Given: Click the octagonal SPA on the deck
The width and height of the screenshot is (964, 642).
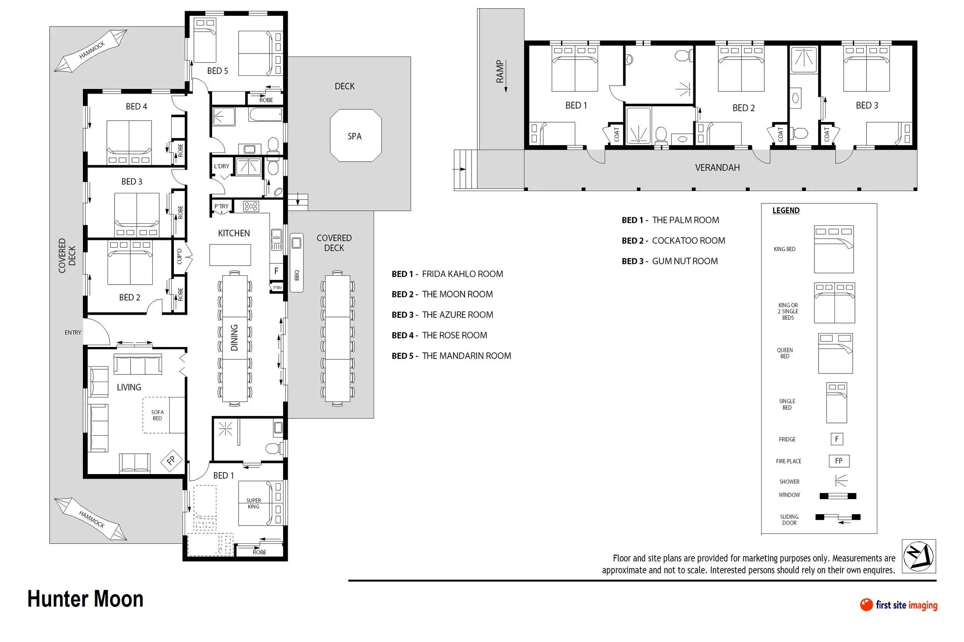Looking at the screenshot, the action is [x=356, y=135].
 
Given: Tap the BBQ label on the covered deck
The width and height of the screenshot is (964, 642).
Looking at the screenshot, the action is [x=297, y=275].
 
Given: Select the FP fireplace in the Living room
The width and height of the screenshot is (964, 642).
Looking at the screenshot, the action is [x=171, y=460].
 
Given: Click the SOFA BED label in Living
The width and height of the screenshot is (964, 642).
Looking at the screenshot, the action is [x=157, y=415].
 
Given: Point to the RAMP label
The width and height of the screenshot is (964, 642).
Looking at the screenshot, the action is [x=500, y=71].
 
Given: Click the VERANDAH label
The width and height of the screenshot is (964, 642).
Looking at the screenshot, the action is [x=717, y=168].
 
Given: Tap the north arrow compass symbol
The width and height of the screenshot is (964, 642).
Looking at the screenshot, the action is [x=918, y=556].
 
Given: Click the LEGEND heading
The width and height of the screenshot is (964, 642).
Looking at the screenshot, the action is [x=786, y=210].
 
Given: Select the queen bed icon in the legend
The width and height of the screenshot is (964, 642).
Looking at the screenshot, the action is [x=835, y=353].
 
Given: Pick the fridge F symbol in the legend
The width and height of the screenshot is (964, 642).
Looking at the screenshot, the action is [x=836, y=439].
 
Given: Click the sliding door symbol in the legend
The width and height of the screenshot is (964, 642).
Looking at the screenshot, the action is [x=838, y=518].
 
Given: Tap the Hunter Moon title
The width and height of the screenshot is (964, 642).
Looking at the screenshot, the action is [x=85, y=599].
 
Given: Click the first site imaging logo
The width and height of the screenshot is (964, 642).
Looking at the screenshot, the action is [x=898, y=605].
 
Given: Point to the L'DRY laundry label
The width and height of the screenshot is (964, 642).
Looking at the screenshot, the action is [x=221, y=166].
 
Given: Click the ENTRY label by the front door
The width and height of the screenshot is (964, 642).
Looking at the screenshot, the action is [x=73, y=332].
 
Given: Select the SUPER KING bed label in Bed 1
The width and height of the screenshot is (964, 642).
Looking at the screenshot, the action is [x=253, y=503].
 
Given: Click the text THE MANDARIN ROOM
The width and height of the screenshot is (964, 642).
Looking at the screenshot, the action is [x=467, y=356].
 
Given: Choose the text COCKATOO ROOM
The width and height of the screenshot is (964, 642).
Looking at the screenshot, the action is [x=689, y=241].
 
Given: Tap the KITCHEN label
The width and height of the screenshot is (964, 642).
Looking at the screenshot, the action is [x=234, y=233].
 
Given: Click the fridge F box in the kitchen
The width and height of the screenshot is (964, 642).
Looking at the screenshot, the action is [x=276, y=271].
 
